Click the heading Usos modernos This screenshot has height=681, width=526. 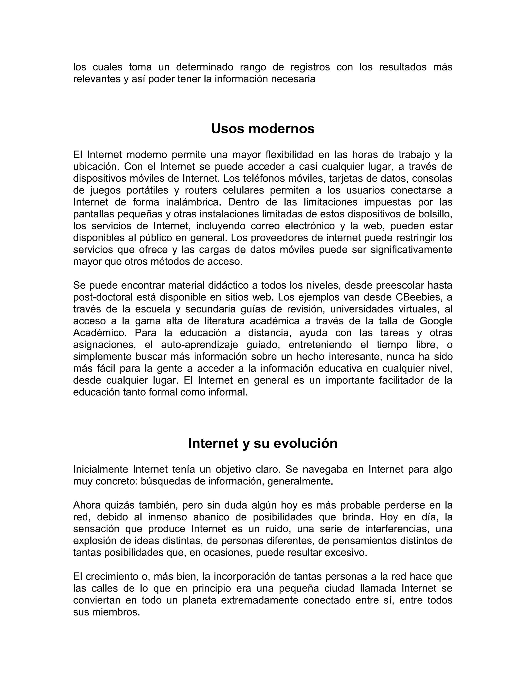(263, 129)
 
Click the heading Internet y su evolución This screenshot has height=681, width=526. (263, 443)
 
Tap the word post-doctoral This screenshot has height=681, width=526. (104, 297)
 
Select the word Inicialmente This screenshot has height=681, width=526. (100, 469)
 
